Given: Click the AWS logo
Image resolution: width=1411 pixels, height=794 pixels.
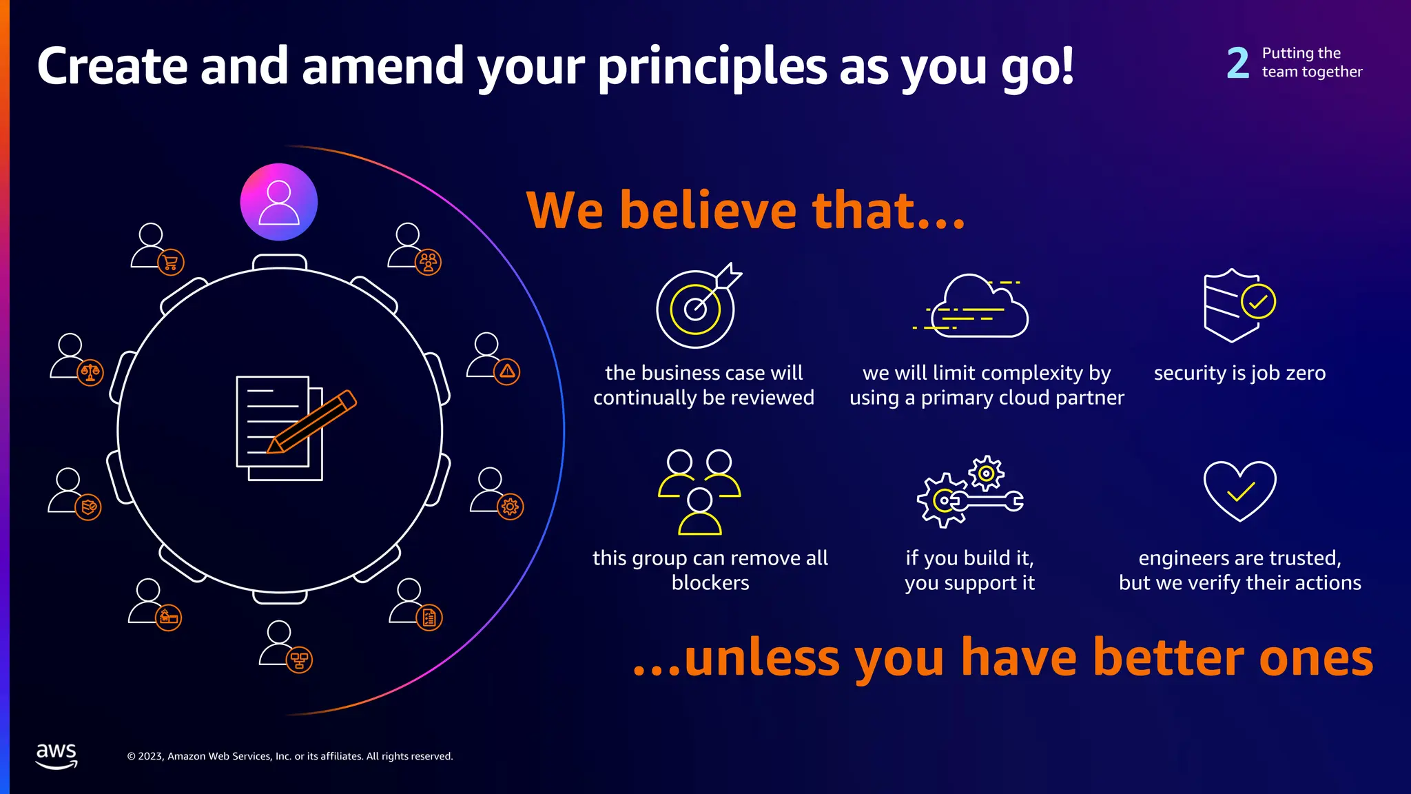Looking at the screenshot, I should tap(56, 755).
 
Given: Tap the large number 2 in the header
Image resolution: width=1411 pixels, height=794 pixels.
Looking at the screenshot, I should tap(1238, 63).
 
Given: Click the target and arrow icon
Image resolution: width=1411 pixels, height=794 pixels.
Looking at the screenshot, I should tap(697, 306).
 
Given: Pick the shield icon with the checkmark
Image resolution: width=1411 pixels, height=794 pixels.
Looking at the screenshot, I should tap(1239, 305).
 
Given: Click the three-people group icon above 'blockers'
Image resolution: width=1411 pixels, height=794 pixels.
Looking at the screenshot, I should tap(699, 492).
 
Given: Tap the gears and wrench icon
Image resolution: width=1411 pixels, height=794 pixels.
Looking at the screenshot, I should tap(969, 491).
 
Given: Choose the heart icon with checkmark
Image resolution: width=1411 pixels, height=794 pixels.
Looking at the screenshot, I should tap(1239, 490).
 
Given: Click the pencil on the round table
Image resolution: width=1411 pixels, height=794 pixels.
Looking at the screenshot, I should tap(312, 422).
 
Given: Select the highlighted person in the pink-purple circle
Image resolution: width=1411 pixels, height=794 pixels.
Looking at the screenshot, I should tap(279, 202).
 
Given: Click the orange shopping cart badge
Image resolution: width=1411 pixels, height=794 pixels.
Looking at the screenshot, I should tap(171, 262).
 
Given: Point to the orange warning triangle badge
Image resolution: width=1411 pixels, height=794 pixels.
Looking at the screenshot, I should tap(507, 371).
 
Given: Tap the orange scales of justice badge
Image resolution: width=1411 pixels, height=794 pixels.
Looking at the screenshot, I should tap(90, 373).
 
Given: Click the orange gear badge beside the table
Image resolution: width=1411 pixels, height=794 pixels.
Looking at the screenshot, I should tap(510, 507).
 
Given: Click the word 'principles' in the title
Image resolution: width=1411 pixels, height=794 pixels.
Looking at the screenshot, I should tap(712, 68).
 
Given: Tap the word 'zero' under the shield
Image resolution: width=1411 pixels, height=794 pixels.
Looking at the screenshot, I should tap(1299, 373).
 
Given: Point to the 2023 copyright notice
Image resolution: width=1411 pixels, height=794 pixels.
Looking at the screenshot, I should tap(290, 756).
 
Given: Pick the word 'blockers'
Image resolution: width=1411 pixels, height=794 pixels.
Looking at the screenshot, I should tap(710, 583).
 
